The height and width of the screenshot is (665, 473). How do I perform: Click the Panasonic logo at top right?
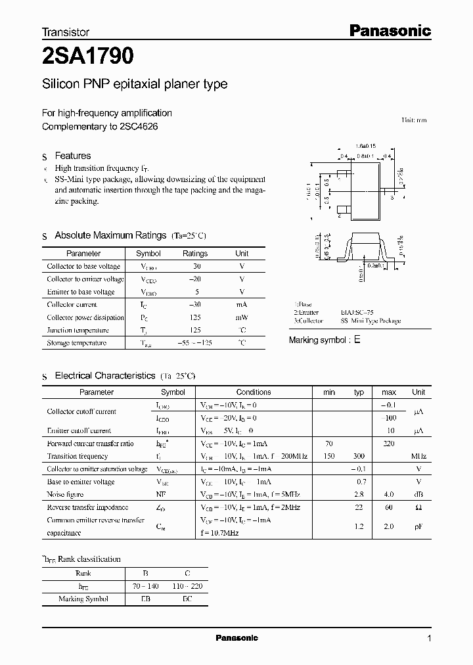coord(389,30)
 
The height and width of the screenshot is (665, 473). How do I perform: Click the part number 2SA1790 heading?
coord(88,57)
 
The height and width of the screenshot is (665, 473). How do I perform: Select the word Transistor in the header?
coord(66,32)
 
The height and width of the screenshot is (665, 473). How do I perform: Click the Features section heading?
coord(73,156)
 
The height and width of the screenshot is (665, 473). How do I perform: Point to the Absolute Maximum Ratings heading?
coord(110,235)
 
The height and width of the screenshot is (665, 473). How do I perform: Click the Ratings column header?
coord(195,253)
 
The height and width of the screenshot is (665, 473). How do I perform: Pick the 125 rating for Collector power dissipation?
coord(195,317)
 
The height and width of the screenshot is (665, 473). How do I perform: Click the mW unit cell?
coord(242,317)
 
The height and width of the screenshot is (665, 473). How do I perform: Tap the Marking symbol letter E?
coord(357,340)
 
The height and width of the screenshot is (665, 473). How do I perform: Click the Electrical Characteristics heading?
coord(105,376)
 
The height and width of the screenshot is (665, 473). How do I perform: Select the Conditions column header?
coord(254,392)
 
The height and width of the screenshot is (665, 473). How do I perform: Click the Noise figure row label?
coord(65,494)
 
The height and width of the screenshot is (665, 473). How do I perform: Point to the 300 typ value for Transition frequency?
coord(359,456)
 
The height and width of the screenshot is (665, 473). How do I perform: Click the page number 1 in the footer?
coord(429,638)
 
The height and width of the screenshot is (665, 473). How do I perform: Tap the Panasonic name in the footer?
coord(236,638)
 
